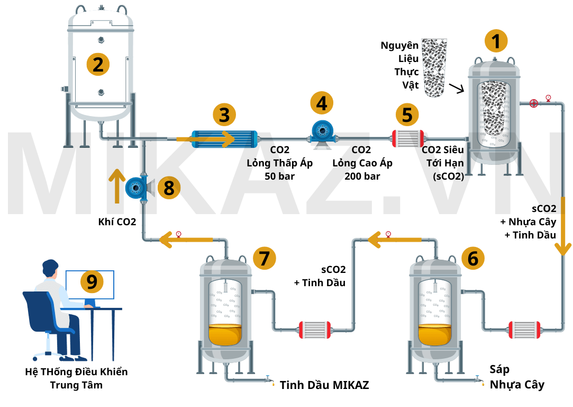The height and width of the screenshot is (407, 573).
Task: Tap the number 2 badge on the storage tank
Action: [98, 64]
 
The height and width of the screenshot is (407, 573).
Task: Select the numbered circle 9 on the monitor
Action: [92, 281]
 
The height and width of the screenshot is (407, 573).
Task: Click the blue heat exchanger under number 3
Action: [224, 139]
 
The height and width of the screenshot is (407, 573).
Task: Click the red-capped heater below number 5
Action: [407, 139]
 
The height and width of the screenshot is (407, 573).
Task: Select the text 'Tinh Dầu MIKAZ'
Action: [324, 385]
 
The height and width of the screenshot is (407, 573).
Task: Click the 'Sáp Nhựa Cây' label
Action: [516, 377]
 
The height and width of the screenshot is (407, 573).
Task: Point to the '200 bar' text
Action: [362, 176]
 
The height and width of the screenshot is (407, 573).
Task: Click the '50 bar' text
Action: [279, 176]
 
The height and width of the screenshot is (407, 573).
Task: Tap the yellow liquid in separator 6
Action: [435, 334]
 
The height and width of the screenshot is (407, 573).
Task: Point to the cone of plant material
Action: [434, 67]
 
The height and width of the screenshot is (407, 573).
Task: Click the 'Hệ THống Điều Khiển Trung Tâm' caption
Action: [76, 378]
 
